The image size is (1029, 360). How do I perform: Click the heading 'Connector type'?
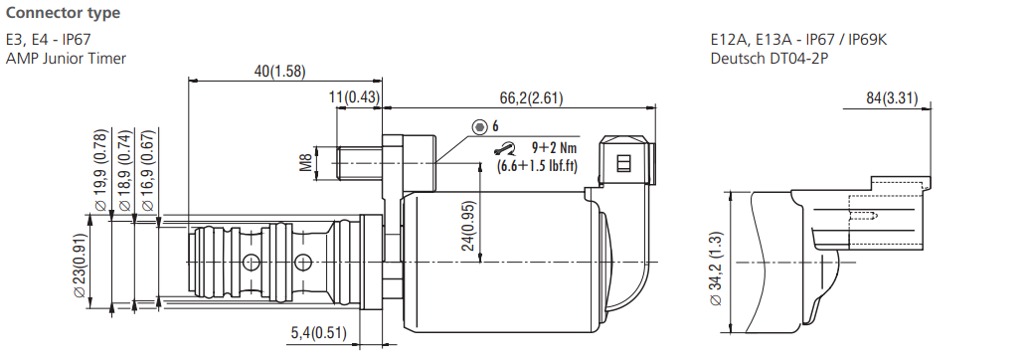click(x=63, y=13)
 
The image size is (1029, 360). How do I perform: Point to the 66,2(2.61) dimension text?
click(x=532, y=96)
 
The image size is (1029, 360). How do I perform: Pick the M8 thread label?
click(x=306, y=160)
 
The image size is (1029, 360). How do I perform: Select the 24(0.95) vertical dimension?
click(x=468, y=226)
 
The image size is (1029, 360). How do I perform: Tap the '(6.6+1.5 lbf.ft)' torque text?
click(x=538, y=165)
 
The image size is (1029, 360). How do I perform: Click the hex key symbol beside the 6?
click(x=480, y=126)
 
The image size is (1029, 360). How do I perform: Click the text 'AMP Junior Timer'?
click(x=66, y=58)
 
